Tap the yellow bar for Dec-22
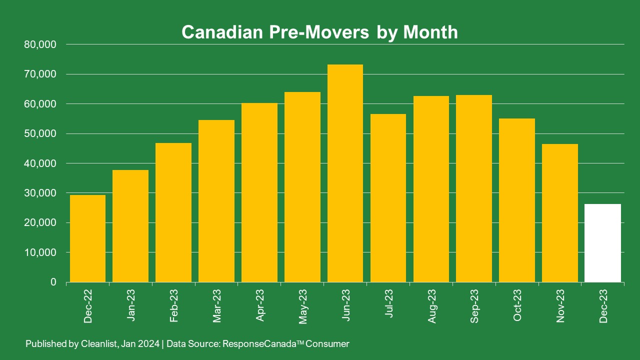pyautogui.click(x=87, y=238)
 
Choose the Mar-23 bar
pyautogui.click(x=216, y=201)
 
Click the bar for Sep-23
pyautogui.click(x=474, y=188)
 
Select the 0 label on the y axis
pyautogui.click(x=53, y=282)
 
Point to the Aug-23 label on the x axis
pyautogui.click(x=431, y=306)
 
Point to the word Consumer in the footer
pyautogui.click(x=327, y=343)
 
